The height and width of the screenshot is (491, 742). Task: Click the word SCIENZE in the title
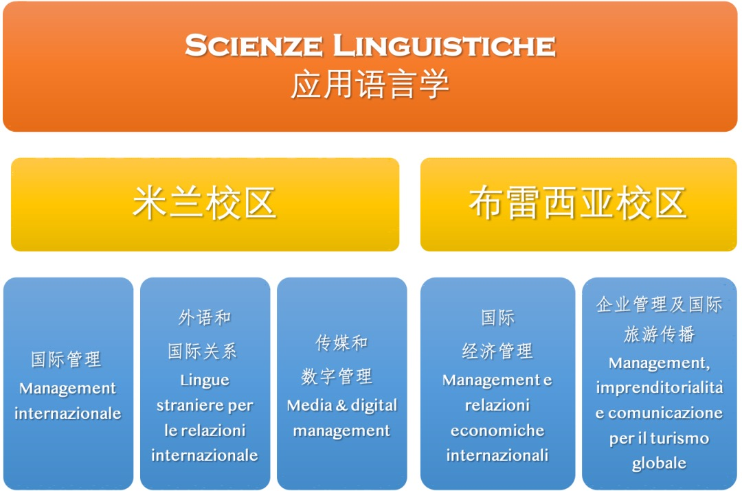tap(254, 45)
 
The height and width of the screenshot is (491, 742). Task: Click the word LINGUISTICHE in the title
tap(445, 45)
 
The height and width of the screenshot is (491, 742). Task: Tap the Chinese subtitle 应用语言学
tap(370, 84)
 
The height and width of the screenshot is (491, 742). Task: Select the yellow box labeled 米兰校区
tap(205, 205)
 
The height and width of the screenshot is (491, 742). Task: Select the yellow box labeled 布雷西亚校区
tap(578, 205)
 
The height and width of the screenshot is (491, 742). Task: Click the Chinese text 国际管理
tap(66, 359)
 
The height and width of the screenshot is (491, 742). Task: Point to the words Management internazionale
tap(67, 400)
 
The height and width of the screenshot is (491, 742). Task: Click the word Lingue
tap(205, 380)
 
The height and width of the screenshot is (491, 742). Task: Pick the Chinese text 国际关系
tap(203, 351)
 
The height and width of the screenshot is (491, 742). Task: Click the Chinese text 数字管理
tap(337, 376)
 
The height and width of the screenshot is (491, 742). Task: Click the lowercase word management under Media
tap(341, 431)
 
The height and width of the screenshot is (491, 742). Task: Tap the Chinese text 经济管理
tap(497, 351)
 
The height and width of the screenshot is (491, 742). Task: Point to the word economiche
tap(497, 431)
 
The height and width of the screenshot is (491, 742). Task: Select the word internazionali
tap(497, 455)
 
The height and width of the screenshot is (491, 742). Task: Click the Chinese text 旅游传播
tap(659, 334)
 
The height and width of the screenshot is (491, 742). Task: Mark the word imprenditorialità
tap(659, 388)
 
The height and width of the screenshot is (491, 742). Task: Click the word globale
tap(659, 463)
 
